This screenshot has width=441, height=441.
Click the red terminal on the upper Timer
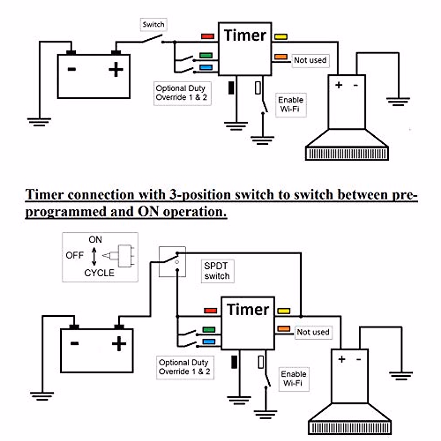coord(208,36)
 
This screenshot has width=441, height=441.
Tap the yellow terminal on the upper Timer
coord(281,37)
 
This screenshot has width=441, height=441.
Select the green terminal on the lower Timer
coord(209,330)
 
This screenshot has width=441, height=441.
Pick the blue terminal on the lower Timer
coord(209,342)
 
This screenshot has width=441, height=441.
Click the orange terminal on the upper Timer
coord(281,57)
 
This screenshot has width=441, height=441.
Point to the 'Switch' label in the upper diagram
coord(153,25)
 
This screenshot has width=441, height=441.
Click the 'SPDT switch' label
coord(217,271)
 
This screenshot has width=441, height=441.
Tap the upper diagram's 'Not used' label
coord(310,60)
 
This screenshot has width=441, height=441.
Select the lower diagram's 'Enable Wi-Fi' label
coord(293,379)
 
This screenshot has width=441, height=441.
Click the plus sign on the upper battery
coord(116,69)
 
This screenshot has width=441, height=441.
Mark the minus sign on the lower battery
coord(75,344)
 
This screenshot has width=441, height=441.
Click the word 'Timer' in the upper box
coord(245,36)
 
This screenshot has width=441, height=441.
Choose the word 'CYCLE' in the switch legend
coord(99,273)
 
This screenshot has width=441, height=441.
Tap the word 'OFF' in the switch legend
coord(75,255)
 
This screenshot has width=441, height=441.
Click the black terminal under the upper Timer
coord(232,88)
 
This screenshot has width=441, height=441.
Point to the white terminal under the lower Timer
coord(261,362)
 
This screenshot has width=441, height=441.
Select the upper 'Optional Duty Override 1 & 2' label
coord(182,93)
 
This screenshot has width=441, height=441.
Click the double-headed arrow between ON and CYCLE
coord(94,256)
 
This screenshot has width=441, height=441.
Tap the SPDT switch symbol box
coord(172,262)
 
